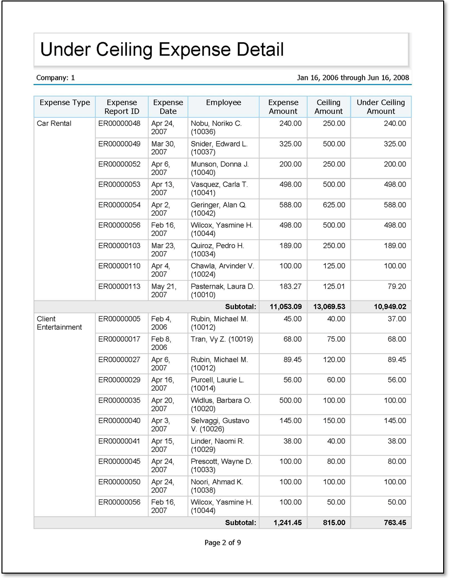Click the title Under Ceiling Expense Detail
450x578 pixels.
coord(162,50)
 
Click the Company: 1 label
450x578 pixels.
coord(55,78)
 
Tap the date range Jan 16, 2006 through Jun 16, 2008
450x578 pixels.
coord(353,78)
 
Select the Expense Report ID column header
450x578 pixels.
coord(121,107)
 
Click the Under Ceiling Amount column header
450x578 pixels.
coord(380,107)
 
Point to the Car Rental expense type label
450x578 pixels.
coord(54,124)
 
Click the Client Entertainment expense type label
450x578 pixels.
coord(59,323)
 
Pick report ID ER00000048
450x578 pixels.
coord(119,124)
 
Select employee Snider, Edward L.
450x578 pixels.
coord(219,148)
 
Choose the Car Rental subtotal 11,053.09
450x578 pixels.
coord(285,307)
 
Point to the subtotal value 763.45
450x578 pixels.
coord(394,523)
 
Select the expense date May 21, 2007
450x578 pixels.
coord(164,290)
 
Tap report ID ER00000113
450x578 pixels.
coord(119,286)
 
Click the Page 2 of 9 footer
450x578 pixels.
coord(223,543)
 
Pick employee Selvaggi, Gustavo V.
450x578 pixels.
coord(220,425)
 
